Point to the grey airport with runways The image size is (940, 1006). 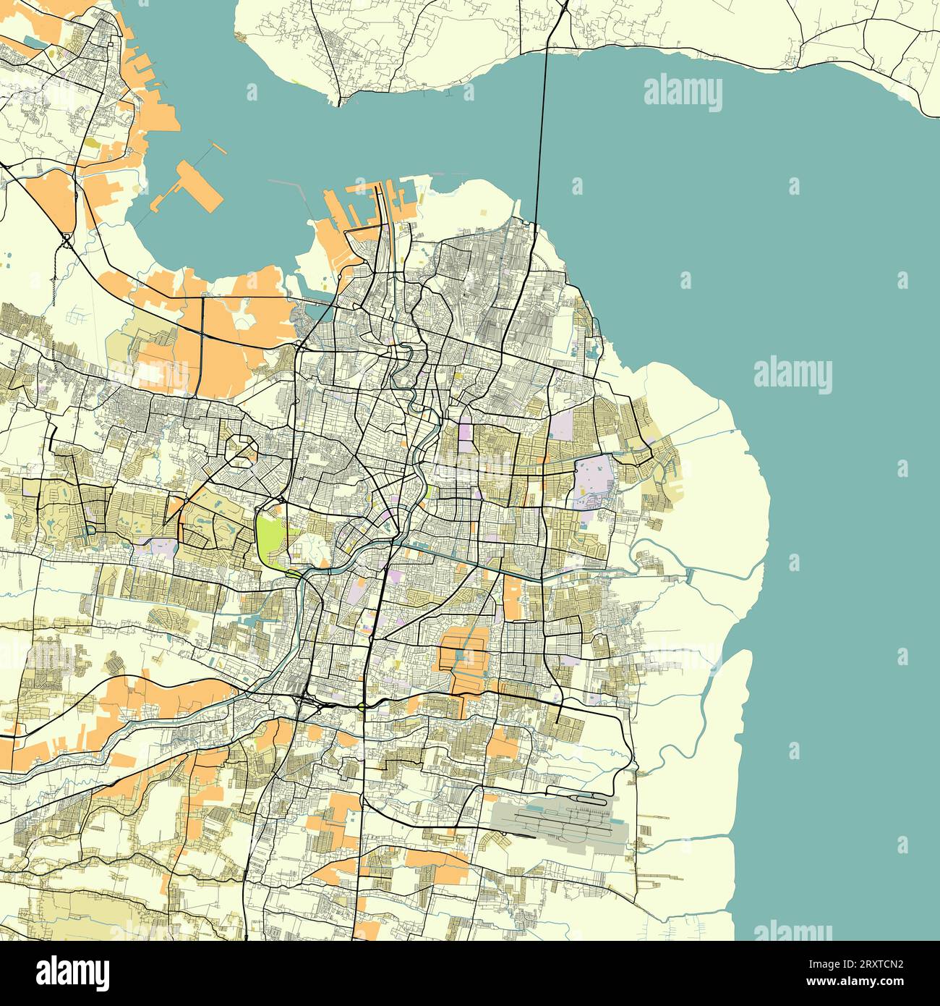click(x=560, y=821)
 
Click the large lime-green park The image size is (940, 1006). click(x=268, y=536)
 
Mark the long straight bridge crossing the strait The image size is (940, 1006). click(x=541, y=123)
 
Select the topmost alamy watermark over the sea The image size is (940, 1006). click(x=682, y=94)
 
